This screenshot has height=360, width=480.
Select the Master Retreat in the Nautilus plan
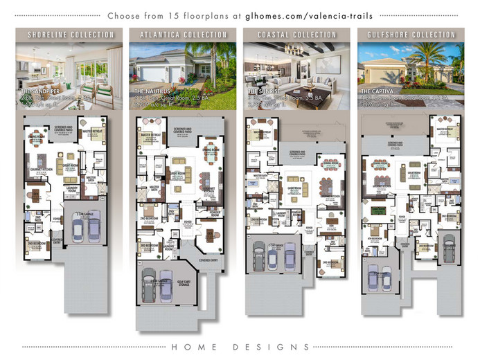[x=152, y=136]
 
